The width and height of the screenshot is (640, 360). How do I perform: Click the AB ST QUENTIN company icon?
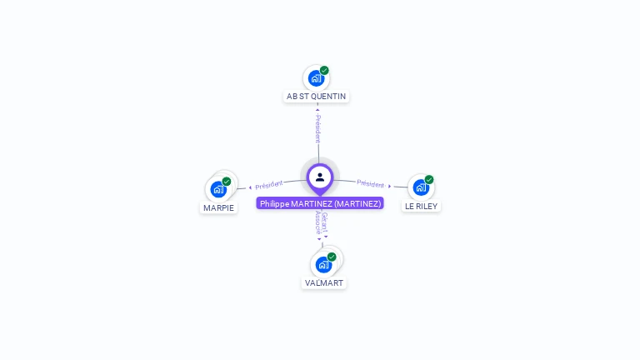316,78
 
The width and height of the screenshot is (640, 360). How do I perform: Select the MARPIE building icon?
218,189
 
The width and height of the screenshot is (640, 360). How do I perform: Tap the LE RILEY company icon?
421,187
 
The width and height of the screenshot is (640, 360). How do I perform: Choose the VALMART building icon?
323,264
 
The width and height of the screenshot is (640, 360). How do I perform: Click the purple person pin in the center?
320,177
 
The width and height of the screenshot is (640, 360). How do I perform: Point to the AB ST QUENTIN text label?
316,97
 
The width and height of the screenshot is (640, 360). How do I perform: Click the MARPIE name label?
218,207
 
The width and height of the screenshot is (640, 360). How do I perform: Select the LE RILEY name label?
421,206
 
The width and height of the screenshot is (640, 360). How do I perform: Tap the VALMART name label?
323,283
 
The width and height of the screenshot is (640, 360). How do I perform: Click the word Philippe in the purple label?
274,203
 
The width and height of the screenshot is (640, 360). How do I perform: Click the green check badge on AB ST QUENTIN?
324,71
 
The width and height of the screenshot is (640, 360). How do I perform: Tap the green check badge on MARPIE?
227,182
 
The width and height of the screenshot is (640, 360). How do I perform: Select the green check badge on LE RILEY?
429,179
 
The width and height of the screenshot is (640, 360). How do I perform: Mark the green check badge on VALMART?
332,257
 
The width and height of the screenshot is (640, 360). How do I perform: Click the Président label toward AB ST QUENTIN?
317,128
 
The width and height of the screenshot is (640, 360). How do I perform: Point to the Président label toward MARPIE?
269,185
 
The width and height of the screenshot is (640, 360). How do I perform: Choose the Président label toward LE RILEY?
371,183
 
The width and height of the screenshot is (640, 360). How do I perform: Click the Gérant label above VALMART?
325,221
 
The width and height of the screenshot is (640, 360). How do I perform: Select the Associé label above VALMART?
317,222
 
